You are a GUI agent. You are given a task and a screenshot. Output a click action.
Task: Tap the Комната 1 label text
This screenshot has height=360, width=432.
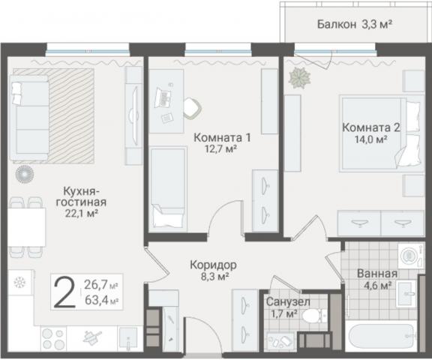(222, 138)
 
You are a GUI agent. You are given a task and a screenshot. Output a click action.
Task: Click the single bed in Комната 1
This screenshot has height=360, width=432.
(166, 187)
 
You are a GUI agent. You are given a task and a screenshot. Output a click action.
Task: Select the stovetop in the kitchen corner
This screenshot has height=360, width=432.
(20, 284)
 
